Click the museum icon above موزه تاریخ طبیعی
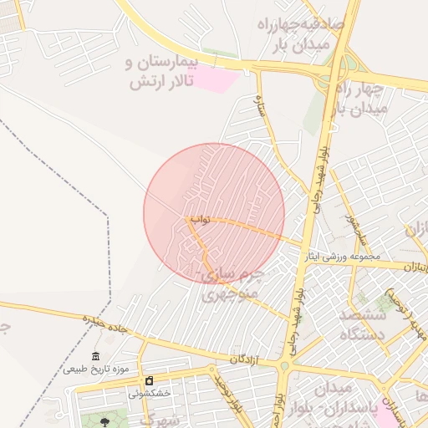(x=95, y=356)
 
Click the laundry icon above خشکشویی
(x=150, y=380)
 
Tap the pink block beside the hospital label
(x=217, y=80)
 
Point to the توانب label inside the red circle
(x=198, y=220)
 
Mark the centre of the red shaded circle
(x=214, y=213)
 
